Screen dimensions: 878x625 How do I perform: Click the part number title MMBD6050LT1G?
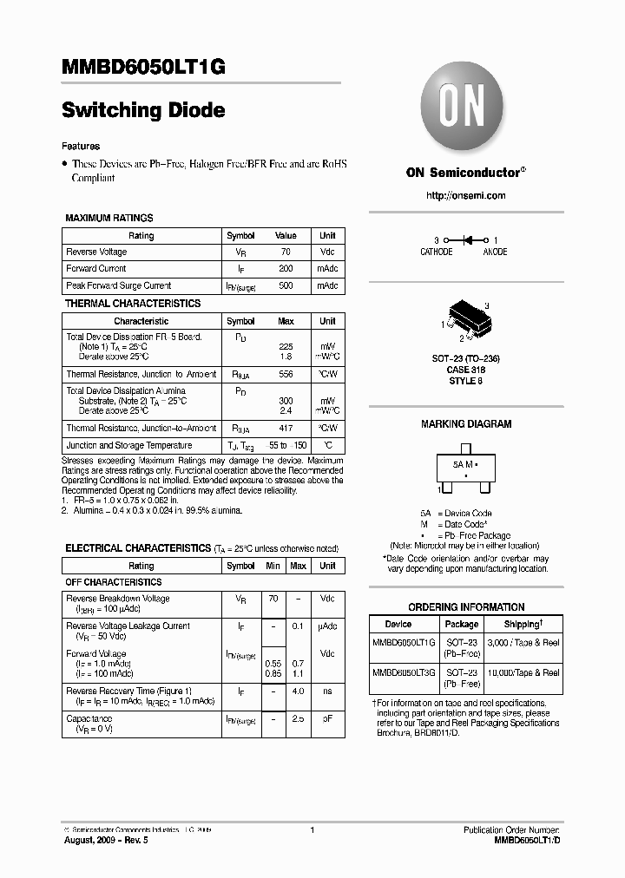point(144,69)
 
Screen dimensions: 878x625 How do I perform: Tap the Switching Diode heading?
point(144,110)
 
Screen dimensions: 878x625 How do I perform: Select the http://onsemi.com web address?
point(466,195)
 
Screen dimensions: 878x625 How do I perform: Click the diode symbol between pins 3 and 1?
point(466,239)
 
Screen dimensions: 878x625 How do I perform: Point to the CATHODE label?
point(437,252)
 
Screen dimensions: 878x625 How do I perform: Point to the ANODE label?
point(495,252)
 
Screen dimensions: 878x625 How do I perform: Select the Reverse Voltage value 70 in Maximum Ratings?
point(286,252)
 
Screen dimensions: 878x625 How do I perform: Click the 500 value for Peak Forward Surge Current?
point(286,285)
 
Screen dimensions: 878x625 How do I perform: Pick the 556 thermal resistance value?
point(286,374)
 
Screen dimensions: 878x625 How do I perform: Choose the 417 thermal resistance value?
point(286,428)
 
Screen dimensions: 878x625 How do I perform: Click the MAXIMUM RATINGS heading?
point(109,218)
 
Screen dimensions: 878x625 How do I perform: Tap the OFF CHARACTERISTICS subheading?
point(114,582)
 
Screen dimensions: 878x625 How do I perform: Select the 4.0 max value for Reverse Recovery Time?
point(298,691)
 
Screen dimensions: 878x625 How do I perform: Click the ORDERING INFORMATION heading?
point(466,607)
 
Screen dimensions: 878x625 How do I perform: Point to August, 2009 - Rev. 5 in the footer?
point(100,841)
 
